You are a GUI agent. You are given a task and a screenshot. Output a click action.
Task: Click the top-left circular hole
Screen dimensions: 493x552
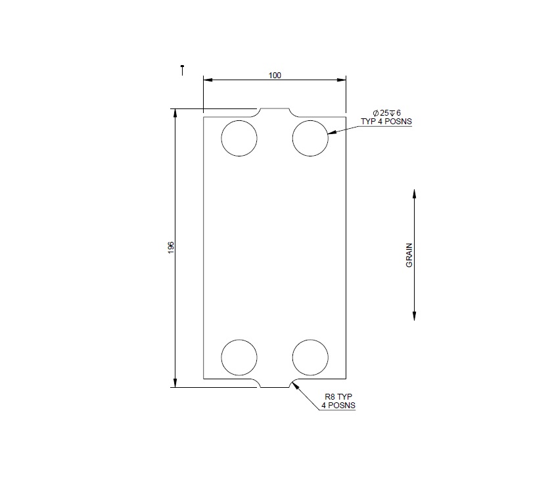pyautogui.click(x=239, y=139)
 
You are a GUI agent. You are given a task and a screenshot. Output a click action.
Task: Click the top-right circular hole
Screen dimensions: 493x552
pyautogui.click(x=310, y=139)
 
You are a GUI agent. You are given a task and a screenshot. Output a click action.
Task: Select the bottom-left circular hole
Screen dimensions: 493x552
pyautogui.click(x=239, y=357)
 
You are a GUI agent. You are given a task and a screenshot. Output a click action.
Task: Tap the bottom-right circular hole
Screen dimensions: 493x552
pyautogui.click(x=310, y=357)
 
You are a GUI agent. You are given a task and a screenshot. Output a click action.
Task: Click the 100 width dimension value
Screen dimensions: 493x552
pyautogui.click(x=275, y=76)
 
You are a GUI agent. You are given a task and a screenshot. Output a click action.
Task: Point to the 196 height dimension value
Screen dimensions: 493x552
pyautogui.click(x=170, y=247)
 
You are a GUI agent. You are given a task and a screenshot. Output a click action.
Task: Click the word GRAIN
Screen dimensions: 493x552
pyautogui.click(x=409, y=254)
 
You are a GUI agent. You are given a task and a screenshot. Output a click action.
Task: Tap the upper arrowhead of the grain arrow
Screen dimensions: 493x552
pyautogui.click(x=414, y=195)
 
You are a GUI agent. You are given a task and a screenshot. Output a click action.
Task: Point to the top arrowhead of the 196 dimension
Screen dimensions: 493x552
pyautogui.click(x=175, y=114)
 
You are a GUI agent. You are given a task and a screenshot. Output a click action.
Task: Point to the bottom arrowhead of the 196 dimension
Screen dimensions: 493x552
pyautogui.click(x=175, y=383)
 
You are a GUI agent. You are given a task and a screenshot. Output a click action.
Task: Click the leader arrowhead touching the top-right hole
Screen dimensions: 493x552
pyautogui.click(x=331, y=133)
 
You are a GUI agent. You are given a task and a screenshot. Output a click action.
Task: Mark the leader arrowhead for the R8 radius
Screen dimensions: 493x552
pyautogui.click(x=296, y=385)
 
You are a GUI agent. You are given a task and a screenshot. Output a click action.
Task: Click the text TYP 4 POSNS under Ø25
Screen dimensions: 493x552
pyautogui.click(x=386, y=122)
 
